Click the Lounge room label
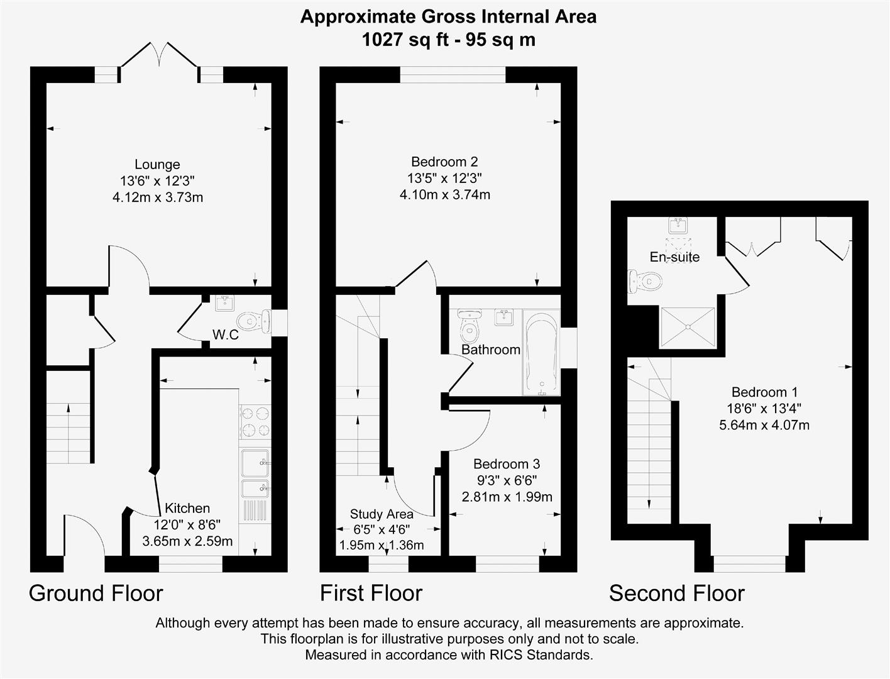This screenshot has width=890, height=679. tap(157, 165)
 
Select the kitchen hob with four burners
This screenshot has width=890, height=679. tap(255, 422)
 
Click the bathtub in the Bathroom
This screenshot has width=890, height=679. tap(541, 352)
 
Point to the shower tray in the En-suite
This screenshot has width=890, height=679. tap(687, 327)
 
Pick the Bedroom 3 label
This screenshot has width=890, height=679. tap(507, 464)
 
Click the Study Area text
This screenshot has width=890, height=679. tap(382, 514)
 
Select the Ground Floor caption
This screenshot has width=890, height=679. tap(96, 593)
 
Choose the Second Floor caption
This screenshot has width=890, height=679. tap(677, 593)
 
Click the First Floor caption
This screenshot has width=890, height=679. tap(371, 593)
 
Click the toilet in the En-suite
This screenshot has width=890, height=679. tap(646, 280)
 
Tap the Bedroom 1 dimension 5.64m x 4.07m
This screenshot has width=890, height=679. tap(764, 425)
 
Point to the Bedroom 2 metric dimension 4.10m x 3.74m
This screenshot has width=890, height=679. tap(445, 195)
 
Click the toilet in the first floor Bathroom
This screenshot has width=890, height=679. tap(470, 325)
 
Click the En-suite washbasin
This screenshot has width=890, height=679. tap(678, 224)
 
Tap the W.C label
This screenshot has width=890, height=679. tap(225, 334)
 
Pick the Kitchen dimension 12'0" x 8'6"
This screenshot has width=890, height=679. tap(187, 524)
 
